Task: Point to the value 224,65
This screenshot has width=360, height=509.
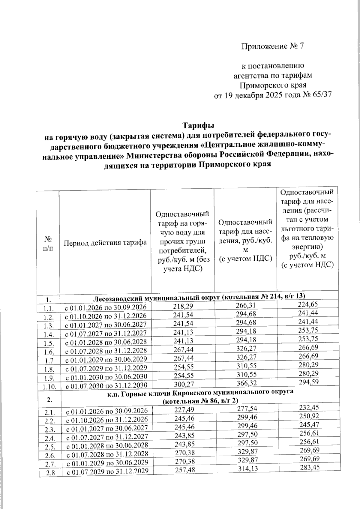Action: pos(307,305)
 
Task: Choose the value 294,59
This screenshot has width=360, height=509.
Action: pos(307,382)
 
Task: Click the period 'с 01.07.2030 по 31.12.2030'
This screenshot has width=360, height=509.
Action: pos(106,385)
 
